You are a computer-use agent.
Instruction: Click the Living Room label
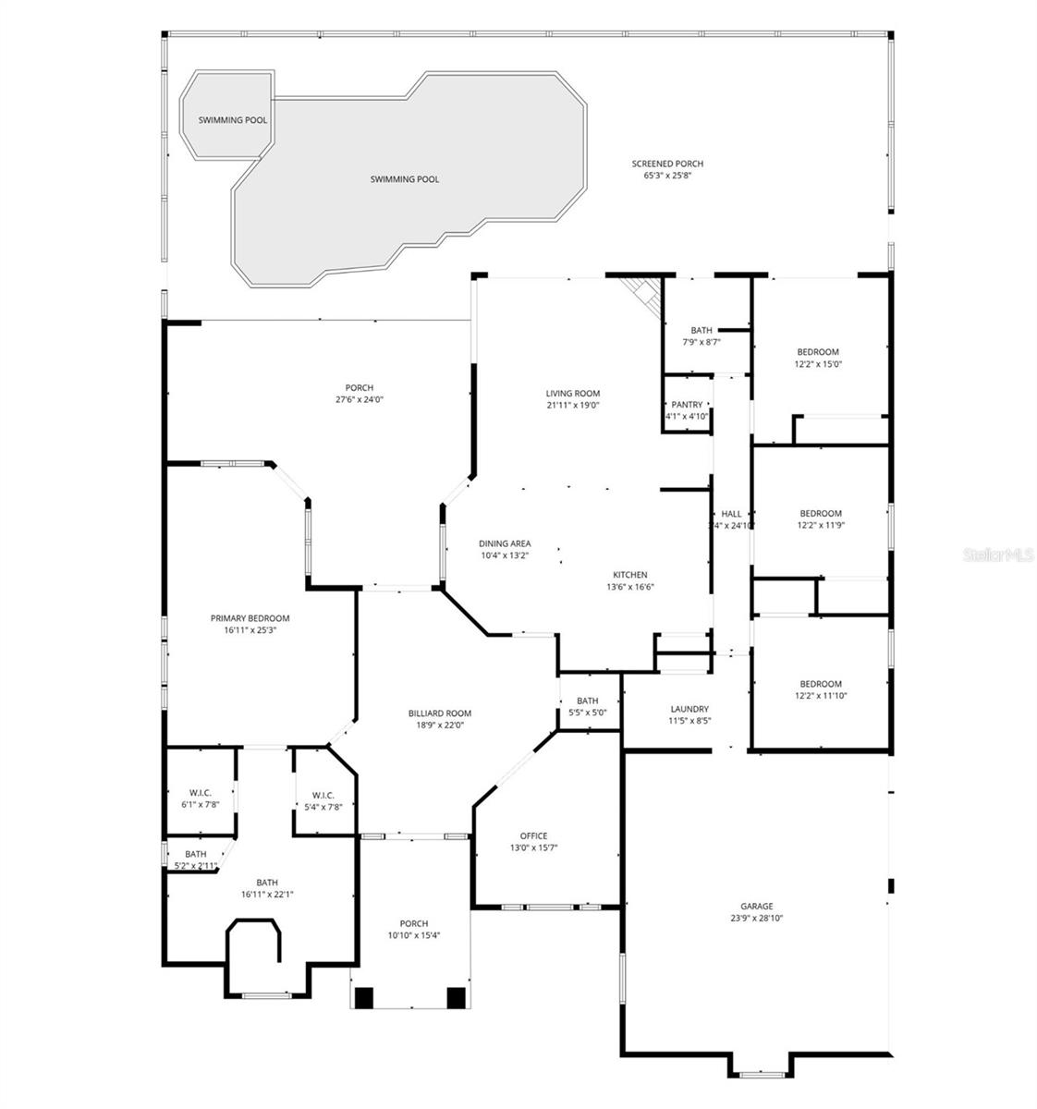click(x=573, y=393)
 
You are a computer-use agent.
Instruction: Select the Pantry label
click(x=687, y=404)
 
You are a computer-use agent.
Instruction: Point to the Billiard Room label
click(x=440, y=713)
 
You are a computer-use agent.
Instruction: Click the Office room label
click(x=533, y=835)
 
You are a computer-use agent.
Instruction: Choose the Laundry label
click(x=689, y=709)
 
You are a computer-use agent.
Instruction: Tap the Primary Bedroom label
click(x=250, y=618)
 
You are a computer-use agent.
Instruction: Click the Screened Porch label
click(x=661, y=164)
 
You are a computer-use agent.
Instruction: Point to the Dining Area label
click(x=505, y=543)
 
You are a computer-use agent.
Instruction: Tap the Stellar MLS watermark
click(x=996, y=555)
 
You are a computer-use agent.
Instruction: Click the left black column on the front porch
click(x=364, y=998)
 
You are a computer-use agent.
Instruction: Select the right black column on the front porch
click(x=456, y=998)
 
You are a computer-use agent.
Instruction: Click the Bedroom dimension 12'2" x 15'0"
click(x=818, y=364)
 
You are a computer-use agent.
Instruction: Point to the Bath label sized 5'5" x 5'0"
click(x=587, y=713)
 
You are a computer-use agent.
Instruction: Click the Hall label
click(x=731, y=514)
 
